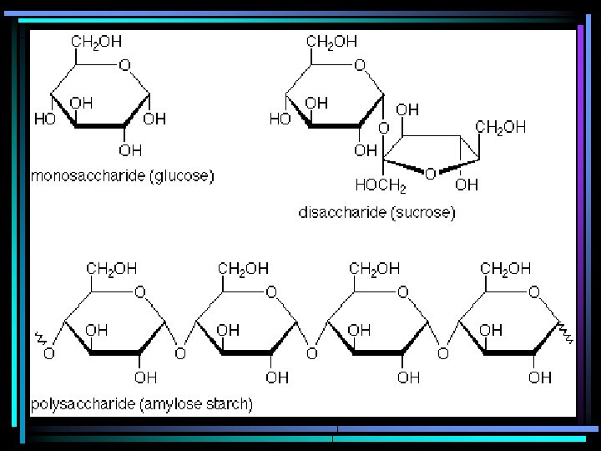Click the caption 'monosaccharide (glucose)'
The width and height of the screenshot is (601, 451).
pos(122,175)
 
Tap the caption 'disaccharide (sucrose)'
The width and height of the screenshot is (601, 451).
pos(376,213)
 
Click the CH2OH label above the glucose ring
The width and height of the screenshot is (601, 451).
pos(96,41)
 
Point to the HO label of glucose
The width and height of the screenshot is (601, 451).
pos(44,119)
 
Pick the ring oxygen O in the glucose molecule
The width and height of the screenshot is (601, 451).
pos(124,64)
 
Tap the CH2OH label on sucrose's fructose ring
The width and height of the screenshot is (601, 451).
pos(501,127)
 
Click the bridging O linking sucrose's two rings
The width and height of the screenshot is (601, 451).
pos(383,129)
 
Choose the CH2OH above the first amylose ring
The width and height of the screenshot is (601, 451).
pos(113,268)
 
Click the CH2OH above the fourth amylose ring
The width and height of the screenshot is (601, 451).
pos(506,268)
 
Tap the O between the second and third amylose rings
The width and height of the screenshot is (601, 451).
pos(311,354)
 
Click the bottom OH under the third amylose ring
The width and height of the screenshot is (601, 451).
pos(408,378)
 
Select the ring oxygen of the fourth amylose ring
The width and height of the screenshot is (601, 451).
pos(533,292)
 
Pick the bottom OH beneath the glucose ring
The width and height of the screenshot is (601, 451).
pos(130,150)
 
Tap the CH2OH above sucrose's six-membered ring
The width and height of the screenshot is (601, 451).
pos(331,41)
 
